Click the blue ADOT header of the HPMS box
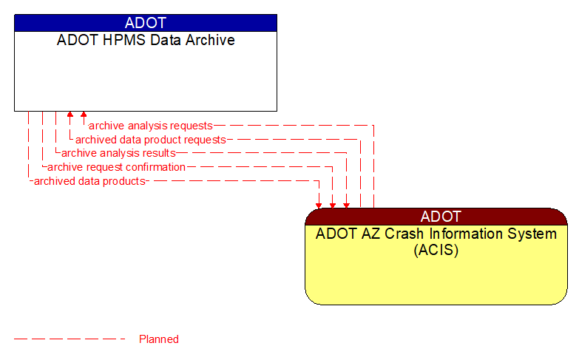pos(146,23)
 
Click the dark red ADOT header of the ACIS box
pos(436,217)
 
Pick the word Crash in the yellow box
pos(396,234)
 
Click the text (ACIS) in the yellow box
pos(436,250)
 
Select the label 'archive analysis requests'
pos(150,126)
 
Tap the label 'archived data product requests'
pos(150,140)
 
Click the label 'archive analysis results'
pos(118,153)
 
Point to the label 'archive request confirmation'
pos(116,167)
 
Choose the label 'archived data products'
pos(89,180)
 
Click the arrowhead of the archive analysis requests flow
pos(84,115)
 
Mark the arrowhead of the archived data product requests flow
pos(70,115)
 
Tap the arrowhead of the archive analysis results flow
pos(346,204)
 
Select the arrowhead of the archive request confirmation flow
pos(333,204)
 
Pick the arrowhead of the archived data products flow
pos(319,204)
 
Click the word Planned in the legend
pos(159,339)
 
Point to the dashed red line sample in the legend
pos(70,339)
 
